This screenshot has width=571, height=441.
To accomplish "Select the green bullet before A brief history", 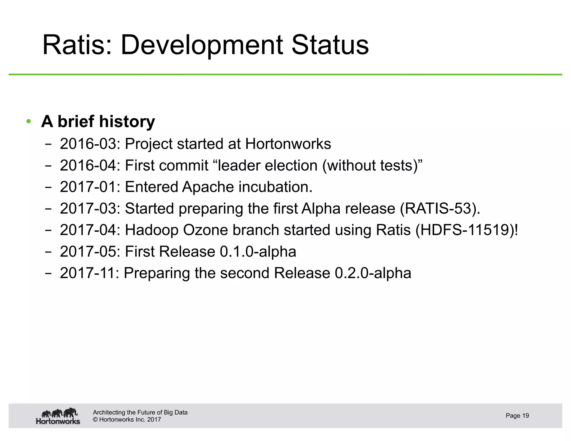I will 28,122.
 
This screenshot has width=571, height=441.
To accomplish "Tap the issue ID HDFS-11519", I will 466,230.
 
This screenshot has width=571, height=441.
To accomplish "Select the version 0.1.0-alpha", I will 258,251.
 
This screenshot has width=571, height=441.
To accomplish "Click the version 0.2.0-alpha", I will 373,273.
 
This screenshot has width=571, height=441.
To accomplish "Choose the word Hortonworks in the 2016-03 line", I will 288,144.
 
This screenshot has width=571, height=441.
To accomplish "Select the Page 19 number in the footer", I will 517,416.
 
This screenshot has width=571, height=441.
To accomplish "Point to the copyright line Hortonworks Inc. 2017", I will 127,420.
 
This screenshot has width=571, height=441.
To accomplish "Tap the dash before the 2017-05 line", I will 48,252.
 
